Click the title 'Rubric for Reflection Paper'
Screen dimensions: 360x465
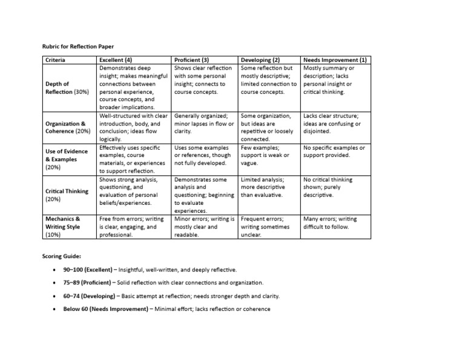point(78,46)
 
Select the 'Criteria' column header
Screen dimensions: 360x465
point(56,60)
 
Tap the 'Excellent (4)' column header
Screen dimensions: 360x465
point(116,60)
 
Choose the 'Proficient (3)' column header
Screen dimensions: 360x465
point(191,60)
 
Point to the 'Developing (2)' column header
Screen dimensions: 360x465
point(260,60)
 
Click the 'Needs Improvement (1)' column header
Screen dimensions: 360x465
point(335,60)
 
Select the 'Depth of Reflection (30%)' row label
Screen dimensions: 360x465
point(66,88)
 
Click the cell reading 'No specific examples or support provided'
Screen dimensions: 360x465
point(334,152)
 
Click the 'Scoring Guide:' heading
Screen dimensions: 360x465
point(61,256)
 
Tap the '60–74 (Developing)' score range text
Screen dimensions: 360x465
point(91,296)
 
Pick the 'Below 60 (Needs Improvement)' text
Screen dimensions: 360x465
point(105,309)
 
